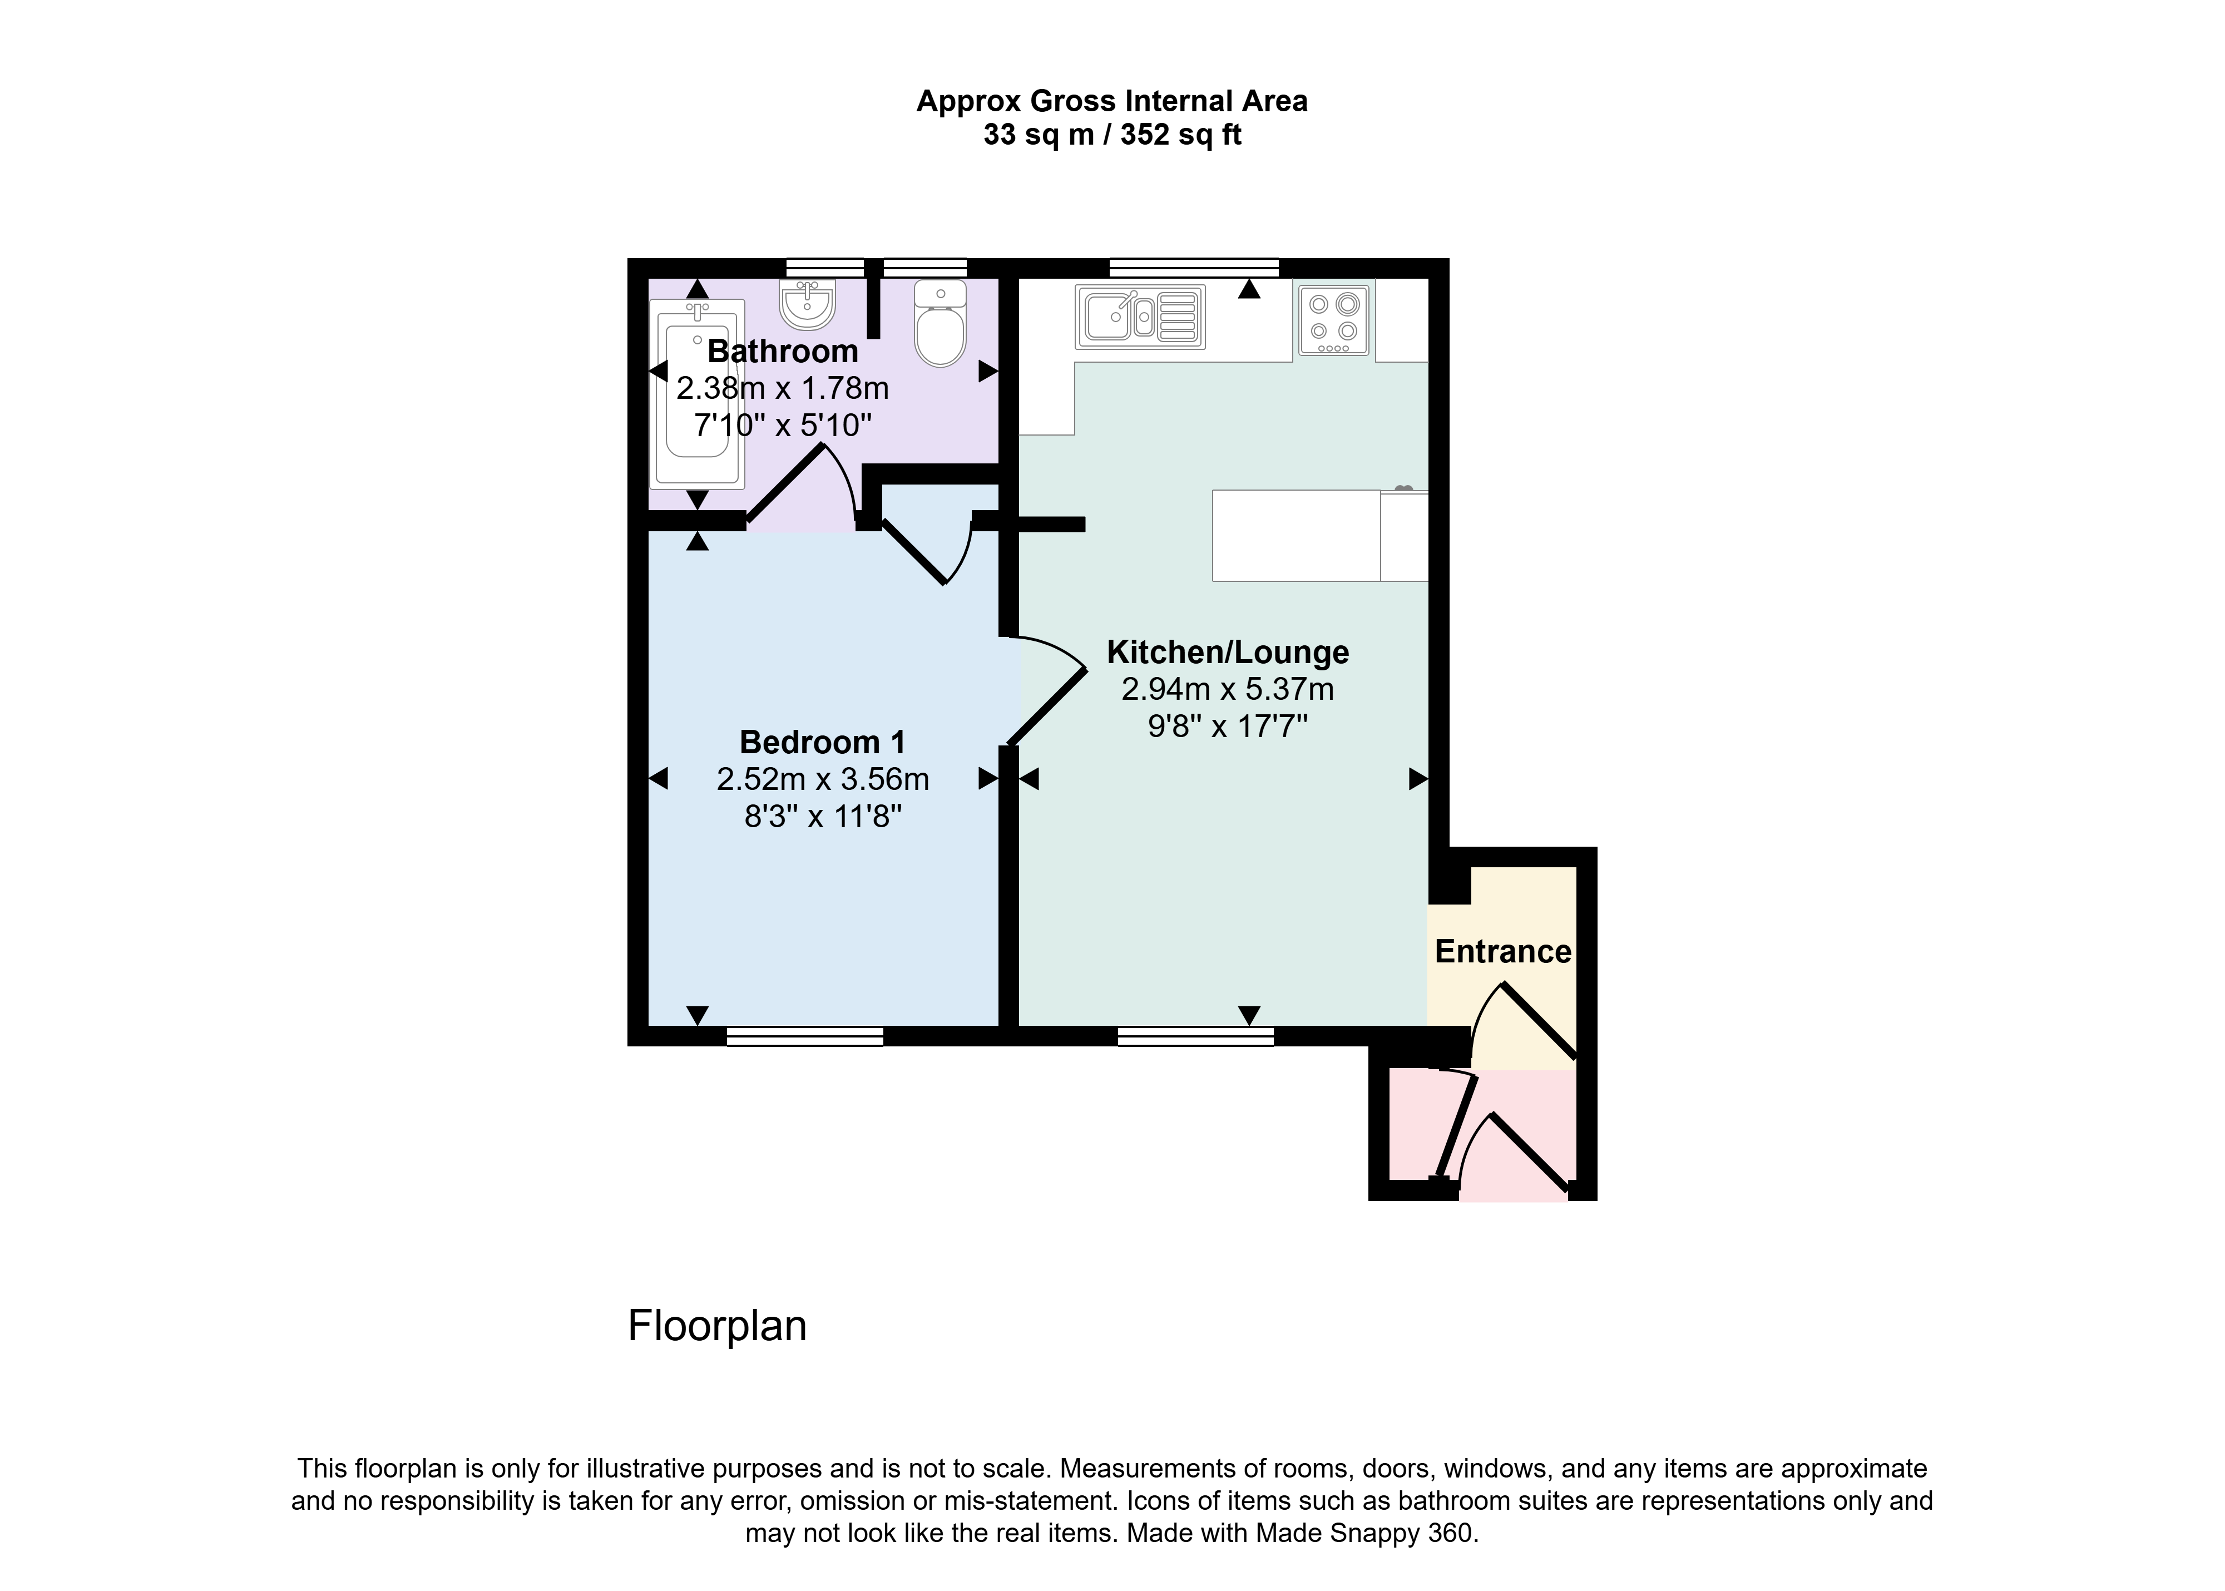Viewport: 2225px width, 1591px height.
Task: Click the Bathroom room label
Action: pos(783,350)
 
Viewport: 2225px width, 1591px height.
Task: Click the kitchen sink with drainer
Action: pos(1140,317)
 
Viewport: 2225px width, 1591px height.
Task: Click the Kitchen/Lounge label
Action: pos(1228,651)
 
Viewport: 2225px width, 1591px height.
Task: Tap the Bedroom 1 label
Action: pos(823,742)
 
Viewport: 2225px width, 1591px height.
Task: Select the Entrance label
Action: pos(1503,951)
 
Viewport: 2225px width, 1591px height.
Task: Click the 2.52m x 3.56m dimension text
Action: pos(823,779)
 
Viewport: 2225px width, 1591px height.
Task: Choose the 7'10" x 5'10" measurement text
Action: pos(783,425)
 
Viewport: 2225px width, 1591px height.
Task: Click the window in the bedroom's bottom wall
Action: pos(805,1036)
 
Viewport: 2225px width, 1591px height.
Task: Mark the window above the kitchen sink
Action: pos(1194,268)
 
